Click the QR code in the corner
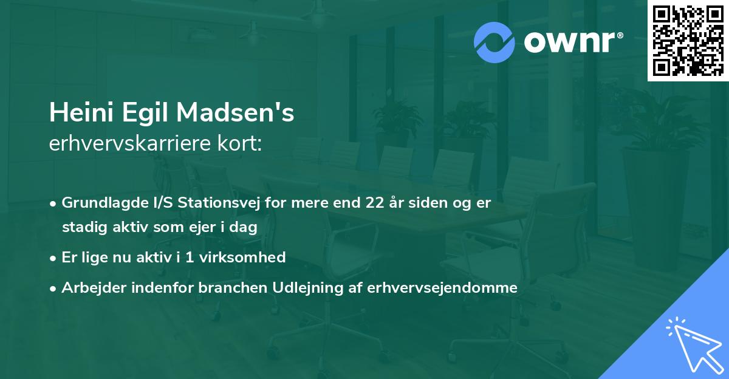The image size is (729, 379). (x=688, y=41)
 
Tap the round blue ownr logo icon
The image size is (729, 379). (x=495, y=43)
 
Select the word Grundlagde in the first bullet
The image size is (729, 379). (x=99, y=203)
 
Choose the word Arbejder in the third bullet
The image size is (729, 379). (x=89, y=287)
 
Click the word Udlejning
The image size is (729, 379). (x=292, y=287)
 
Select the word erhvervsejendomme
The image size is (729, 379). (x=442, y=287)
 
